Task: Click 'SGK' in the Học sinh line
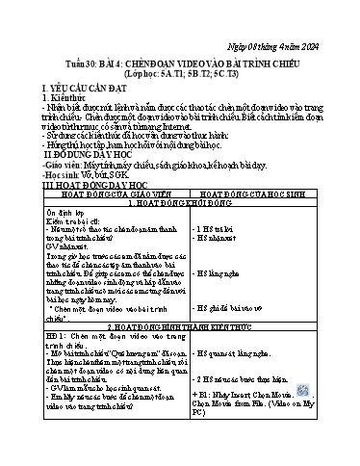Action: tap(144, 173)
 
